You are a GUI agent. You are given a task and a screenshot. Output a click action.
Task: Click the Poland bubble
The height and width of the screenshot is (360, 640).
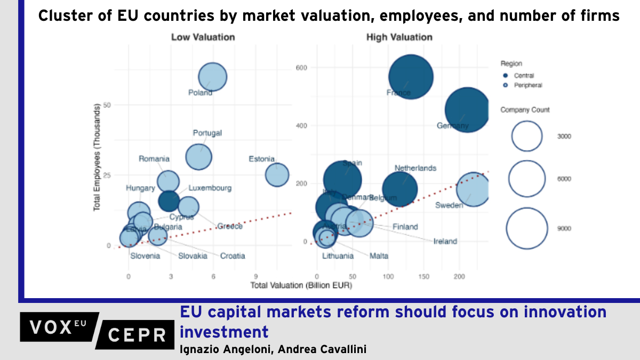click(213, 77)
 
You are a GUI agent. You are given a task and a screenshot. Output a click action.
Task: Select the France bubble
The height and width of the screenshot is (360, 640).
click(410, 77)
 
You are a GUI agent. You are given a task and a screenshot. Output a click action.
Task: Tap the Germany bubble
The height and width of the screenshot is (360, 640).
click(467, 110)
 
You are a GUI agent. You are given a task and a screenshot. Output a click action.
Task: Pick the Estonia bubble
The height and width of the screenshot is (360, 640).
click(277, 174)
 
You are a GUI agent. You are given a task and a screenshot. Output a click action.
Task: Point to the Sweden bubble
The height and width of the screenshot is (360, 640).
click(473, 189)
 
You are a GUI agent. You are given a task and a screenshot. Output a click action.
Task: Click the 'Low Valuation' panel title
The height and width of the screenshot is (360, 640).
click(203, 37)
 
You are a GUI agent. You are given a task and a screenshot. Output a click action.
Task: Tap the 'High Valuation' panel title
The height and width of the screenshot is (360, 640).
click(399, 37)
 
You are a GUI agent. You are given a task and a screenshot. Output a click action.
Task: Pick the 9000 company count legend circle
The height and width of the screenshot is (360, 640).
click(527, 228)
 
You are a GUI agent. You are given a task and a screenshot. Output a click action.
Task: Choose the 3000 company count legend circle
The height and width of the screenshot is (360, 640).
click(527, 136)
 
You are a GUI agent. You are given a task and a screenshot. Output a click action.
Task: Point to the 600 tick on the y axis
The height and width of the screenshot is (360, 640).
click(301, 68)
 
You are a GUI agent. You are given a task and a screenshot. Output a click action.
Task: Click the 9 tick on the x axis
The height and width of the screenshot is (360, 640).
click(256, 276)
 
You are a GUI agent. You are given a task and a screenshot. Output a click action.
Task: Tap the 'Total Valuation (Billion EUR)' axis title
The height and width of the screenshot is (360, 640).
click(301, 286)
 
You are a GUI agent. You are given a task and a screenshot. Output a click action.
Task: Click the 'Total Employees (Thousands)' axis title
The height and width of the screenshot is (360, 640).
click(98, 158)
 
